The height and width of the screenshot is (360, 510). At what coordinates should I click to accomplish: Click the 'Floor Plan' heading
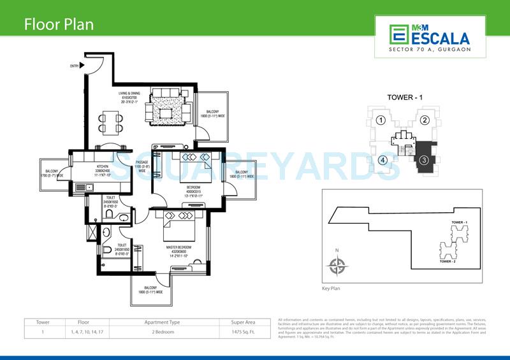[x=59, y=25]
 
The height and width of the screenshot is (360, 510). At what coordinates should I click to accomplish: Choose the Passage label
[x=142, y=166]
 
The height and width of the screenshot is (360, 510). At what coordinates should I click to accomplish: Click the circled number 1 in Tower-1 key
[x=380, y=120]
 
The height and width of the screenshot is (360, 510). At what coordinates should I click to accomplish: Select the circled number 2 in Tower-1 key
[x=424, y=120]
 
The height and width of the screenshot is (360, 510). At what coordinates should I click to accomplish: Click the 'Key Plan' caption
[x=332, y=288]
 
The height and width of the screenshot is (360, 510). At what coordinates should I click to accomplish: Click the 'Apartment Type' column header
[x=163, y=322]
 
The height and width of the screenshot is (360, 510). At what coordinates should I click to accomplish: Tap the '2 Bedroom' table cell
[x=163, y=332]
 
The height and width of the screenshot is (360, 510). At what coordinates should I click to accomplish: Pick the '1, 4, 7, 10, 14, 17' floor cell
[x=83, y=332]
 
